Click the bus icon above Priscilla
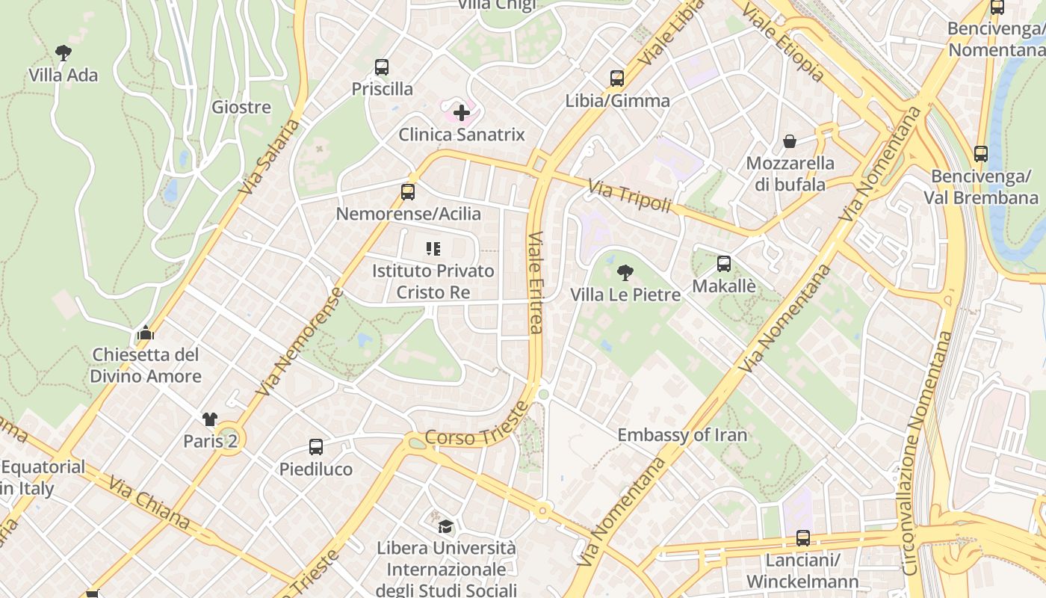(382, 67)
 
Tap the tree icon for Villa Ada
(64, 52)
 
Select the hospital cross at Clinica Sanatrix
(462, 114)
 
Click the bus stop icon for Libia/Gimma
(617, 78)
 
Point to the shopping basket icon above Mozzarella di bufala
(790, 141)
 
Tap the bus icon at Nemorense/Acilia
(408, 192)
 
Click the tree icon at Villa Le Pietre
(625, 273)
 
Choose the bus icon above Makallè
(724, 264)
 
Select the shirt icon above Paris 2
(210, 419)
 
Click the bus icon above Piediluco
(316, 447)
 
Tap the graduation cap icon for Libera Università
(446, 526)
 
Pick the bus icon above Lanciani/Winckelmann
(803, 538)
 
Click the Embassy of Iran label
(682, 435)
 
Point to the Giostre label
(241, 107)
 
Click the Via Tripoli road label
(629, 195)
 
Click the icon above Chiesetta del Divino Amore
(146, 333)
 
